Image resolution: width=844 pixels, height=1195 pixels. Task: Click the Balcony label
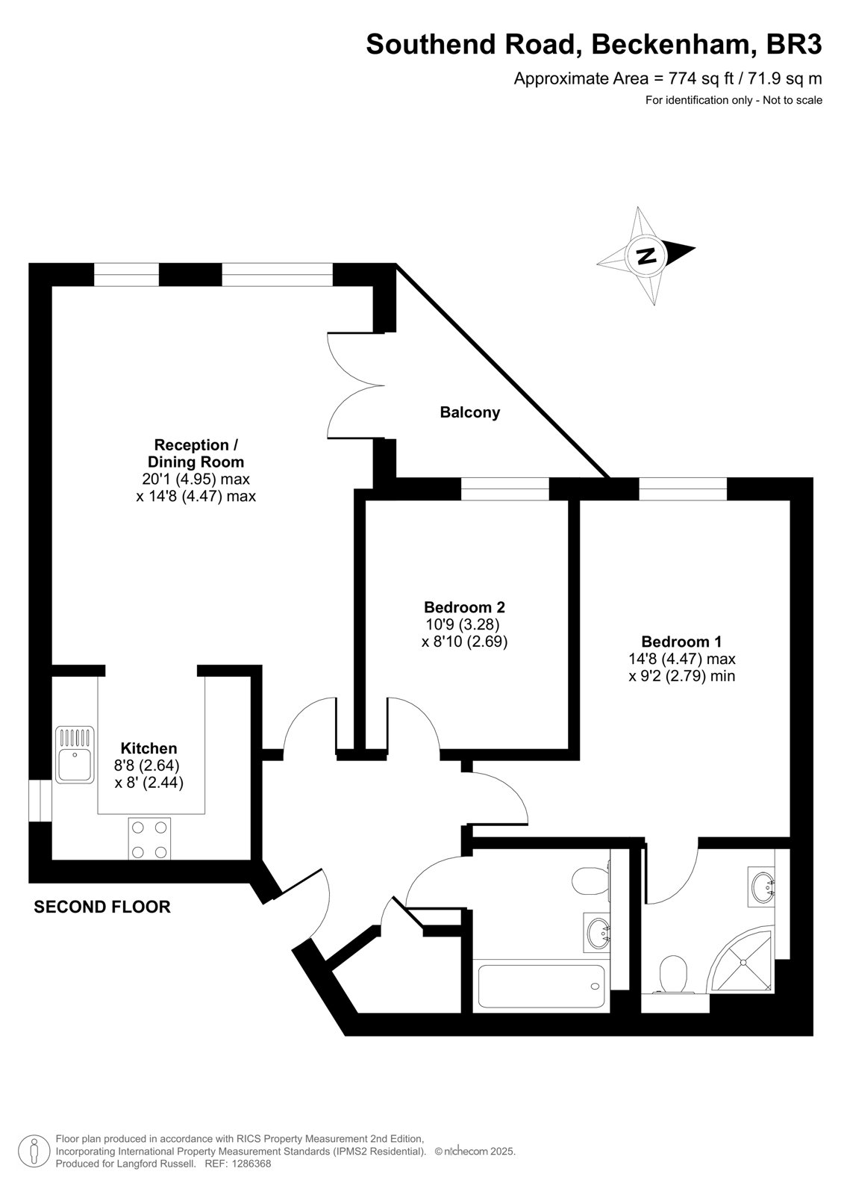(x=469, y=412)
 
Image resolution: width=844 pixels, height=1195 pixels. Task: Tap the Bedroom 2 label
(x=464, y=607)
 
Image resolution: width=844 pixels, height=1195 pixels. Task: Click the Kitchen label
(x=149, y=748)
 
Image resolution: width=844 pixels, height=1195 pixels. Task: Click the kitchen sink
(x=75, y=755)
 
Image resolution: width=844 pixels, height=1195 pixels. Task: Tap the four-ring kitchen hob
(x=149, y=838)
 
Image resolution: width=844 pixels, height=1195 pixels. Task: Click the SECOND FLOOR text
(x=102, y=907)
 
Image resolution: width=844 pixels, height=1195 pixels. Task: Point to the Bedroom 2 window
(x=505, y=488)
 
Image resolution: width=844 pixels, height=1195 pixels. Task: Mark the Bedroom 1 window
(x=683, y=488)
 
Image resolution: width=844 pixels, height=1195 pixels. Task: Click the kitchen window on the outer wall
(x=40, y=800)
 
